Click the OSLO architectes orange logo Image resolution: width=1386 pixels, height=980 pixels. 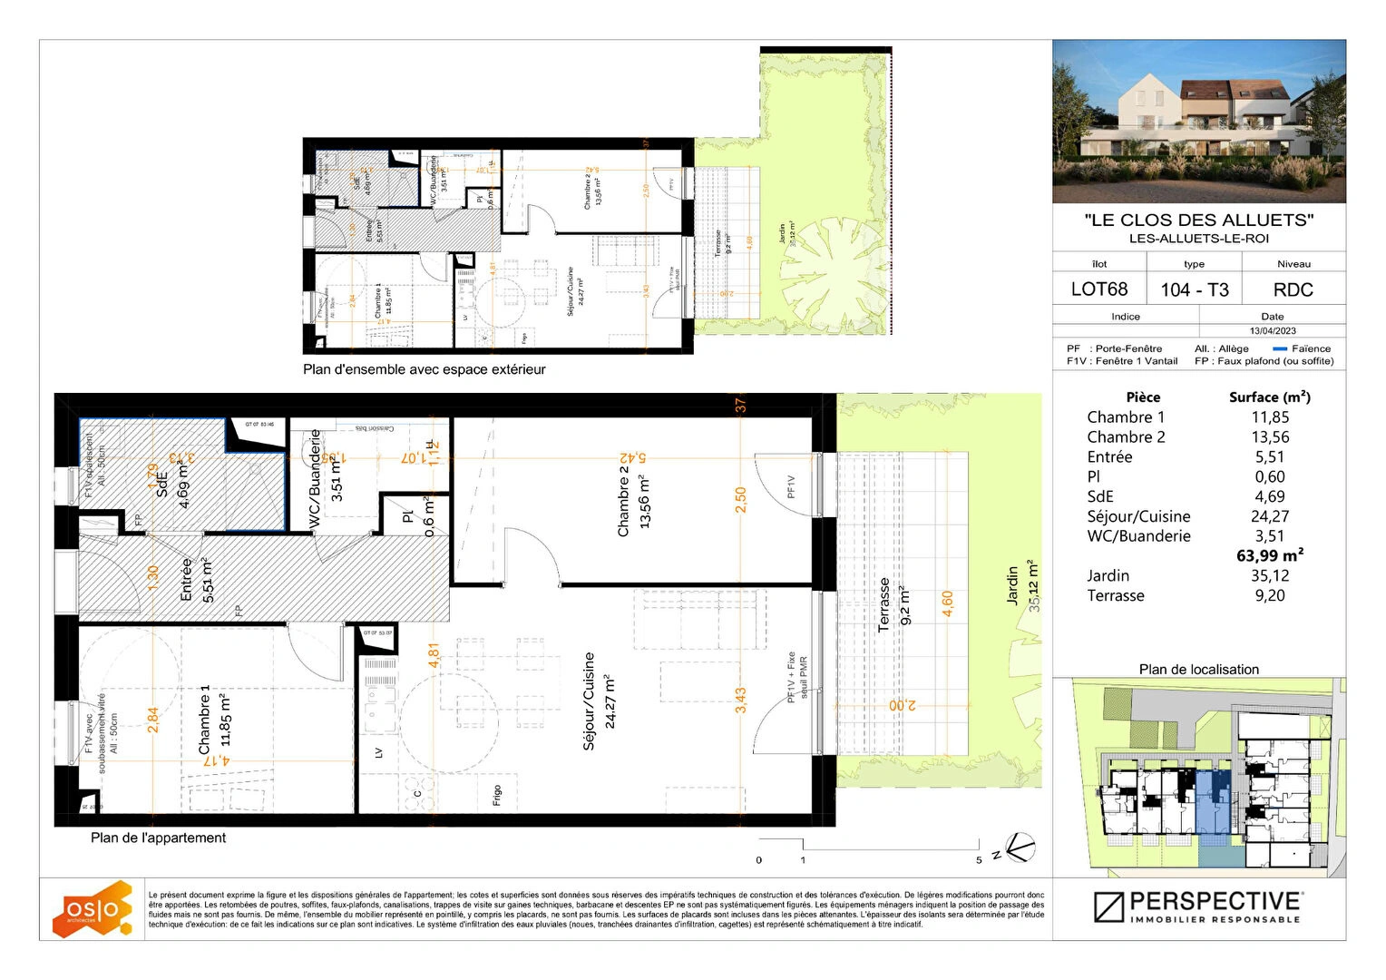pos(92,908)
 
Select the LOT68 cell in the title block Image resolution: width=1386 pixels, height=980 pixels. pos(1098,289)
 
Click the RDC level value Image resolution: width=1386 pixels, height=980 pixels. pos(1293,289)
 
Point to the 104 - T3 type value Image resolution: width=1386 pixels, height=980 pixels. pos(1194,289)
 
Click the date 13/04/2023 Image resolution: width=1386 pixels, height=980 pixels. pos(1272,331)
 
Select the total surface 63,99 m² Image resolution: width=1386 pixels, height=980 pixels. pos(1269,555)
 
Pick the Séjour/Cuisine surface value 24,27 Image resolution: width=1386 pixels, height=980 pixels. pos(1269,516)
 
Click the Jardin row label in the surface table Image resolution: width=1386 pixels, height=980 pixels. pos(1108,575)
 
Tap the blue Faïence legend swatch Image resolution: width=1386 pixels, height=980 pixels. pos(1280,348)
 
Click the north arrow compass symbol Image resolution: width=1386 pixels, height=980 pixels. pos(1020,848)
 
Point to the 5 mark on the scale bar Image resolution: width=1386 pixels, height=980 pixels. pos(979,860)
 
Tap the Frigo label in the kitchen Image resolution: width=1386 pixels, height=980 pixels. pos(497,795)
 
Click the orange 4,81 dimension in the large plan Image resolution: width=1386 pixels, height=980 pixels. pos(434,656)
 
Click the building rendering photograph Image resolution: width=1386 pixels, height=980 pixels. pos(1198,122)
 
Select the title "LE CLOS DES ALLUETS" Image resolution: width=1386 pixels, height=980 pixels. pos(1198,220)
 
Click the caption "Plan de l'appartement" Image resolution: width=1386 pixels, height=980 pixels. pos(158,838)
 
